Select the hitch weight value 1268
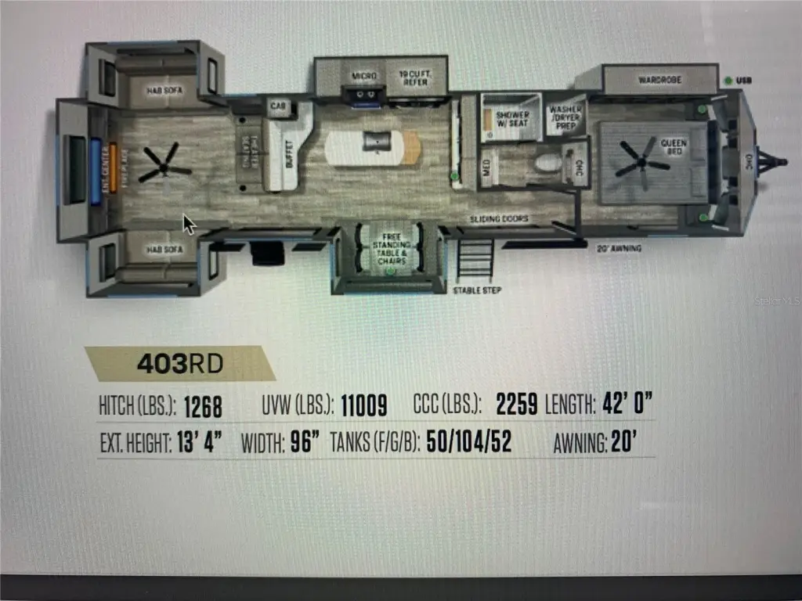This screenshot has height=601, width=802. tap(203, 407)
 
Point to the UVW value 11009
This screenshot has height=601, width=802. tap(364, 405)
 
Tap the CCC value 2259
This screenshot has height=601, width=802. tap(516, 404)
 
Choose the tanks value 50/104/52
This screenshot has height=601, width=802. tap(468, 443)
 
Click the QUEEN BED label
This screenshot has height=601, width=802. tap(674, 147)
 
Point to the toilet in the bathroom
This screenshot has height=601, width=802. tap(549, 164)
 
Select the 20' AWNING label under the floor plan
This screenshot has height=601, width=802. tap(620, 248)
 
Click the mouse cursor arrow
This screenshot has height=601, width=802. tap(189, 224)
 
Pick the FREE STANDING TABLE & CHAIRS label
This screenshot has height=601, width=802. tap(391, 248)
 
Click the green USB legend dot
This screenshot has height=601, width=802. tap(728, 81)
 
